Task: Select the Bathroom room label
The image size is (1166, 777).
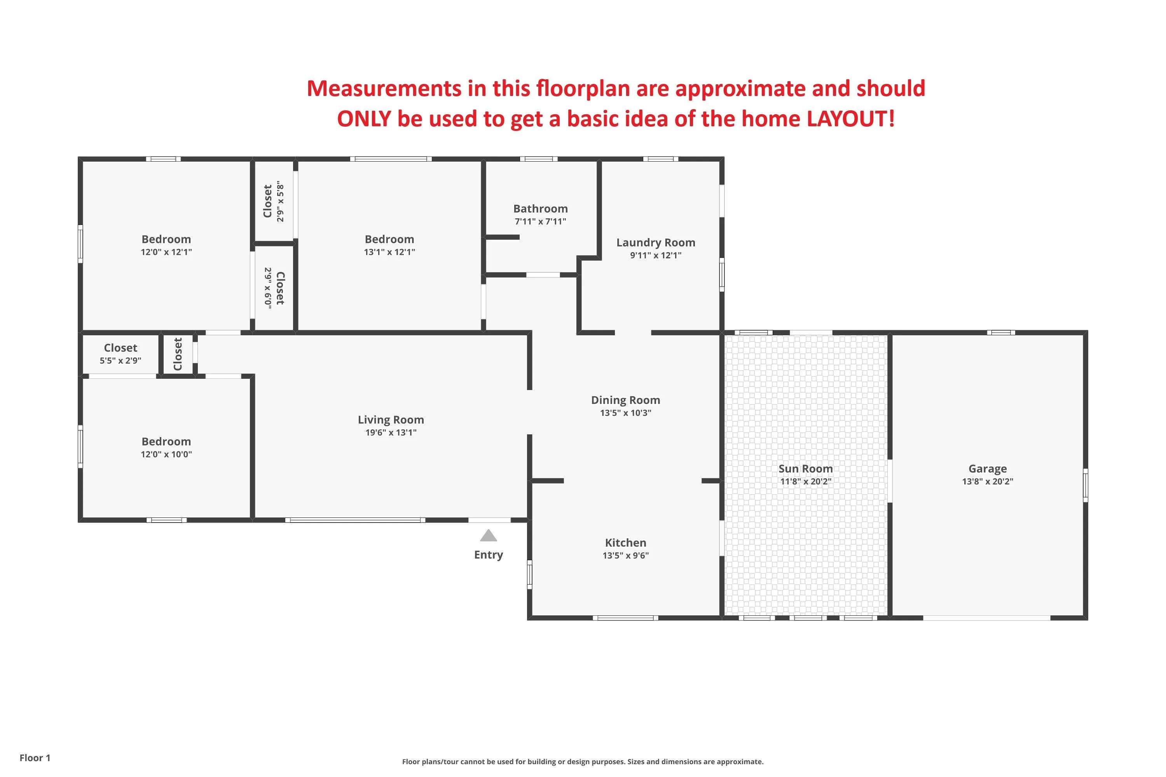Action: [540, 209]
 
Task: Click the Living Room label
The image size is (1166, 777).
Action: [391, 420]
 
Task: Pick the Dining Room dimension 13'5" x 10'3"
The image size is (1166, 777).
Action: [626, 413]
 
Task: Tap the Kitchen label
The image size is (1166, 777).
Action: [626, 543]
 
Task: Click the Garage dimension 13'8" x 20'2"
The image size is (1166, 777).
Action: [988, 481]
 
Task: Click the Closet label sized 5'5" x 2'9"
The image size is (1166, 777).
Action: [120, 348]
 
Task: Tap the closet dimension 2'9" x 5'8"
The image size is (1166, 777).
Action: [281, 201]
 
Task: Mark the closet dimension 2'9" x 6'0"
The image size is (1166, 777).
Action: [268, 288]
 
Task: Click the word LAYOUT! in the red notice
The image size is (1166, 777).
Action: [851, 118]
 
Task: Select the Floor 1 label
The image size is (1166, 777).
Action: [35, 758]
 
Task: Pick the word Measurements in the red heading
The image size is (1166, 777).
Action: [384, 88]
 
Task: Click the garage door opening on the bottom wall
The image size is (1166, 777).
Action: [986, 618]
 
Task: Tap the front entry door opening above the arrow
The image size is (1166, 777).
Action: [489, 520]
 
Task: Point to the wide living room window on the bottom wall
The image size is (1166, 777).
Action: [355, 520]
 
